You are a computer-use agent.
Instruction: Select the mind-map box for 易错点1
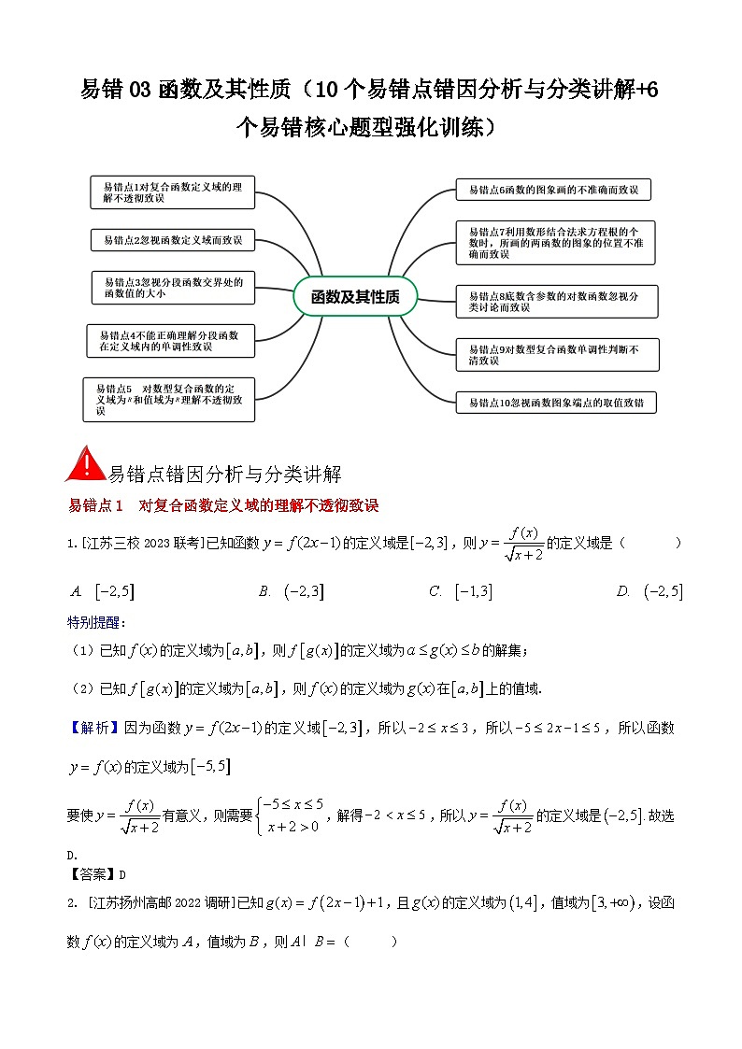pyautogui.click(x=173, y=192)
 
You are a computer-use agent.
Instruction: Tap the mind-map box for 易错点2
pyautogui.click(x=173, y=240)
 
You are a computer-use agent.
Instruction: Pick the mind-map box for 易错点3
pyautogui.click(x=173, y=287)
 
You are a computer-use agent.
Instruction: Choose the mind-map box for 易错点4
pyautogui.click(x=170, y=340)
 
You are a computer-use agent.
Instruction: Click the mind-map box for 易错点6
pyautogui.click(x=553, y=190)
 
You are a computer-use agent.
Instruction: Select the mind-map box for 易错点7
pyautogui.click(x=555, y=242)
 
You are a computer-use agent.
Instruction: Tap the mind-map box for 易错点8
pyautogui.click(x=557, y=301)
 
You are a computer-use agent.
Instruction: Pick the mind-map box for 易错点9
pyautogui.click(x=557, y=354)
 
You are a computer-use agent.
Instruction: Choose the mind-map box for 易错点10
pyautogui.click(x=556, y=404)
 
